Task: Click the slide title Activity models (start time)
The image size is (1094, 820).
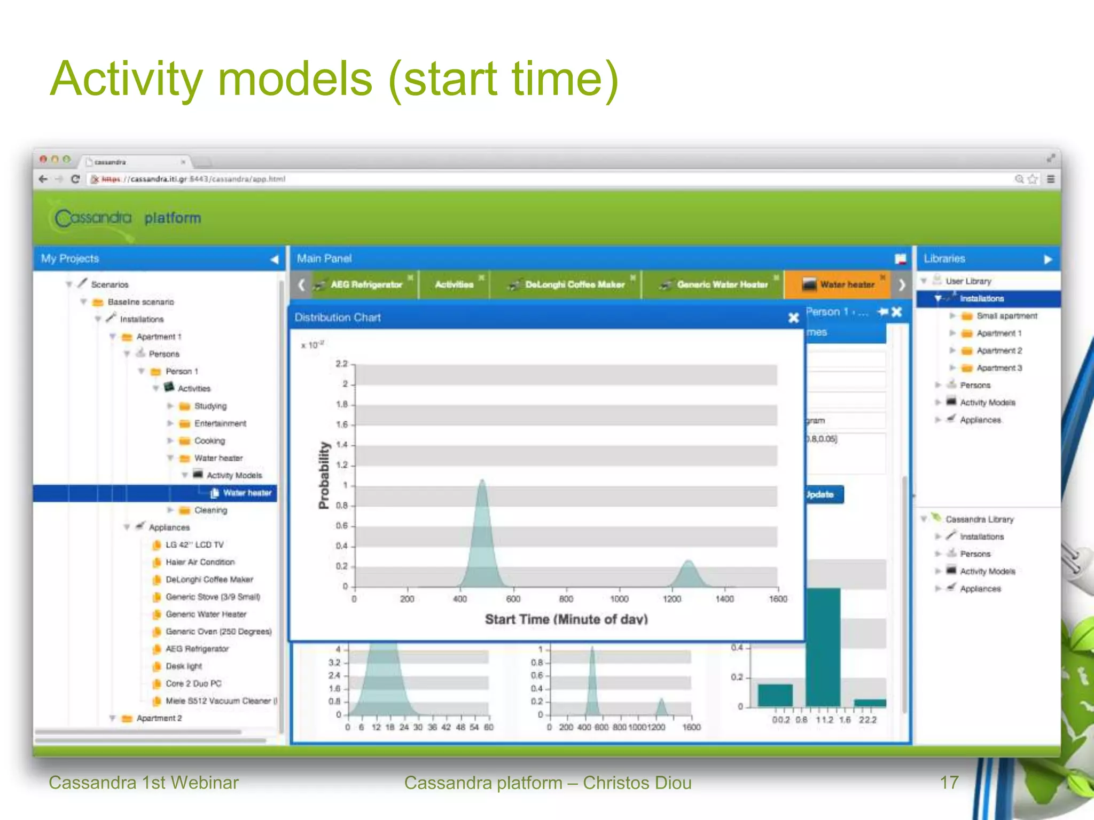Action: click(x=334, y=79)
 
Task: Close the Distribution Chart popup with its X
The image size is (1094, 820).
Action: click(x=793, y=318)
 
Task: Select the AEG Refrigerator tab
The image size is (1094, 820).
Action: click(x=365, y=285)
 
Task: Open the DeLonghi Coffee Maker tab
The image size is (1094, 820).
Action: click(x=574, y=285)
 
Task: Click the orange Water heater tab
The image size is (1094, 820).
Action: click(x=846, y=285)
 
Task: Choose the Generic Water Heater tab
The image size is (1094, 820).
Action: click(x=722, y=285)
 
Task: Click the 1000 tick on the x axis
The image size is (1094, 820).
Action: click(x=619, y=599)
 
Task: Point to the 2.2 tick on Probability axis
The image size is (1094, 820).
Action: click(x=341, y=364)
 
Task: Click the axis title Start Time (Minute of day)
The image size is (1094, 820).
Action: click(x=566, y=619)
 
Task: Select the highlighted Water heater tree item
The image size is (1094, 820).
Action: click(x=247, y=493)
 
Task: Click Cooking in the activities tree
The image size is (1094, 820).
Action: click(x=209, y=441)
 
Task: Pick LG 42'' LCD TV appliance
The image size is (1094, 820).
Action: click(x=194, y=545)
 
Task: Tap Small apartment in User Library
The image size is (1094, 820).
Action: click(x=1006, y=316)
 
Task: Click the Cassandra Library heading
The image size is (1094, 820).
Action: click(x=979, y=519)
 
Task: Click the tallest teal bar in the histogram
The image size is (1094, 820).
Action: click(x=823, y=646)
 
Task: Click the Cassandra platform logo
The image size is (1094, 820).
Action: click(x=127, y=218)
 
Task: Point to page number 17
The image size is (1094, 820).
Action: click(x=949, y=783)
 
